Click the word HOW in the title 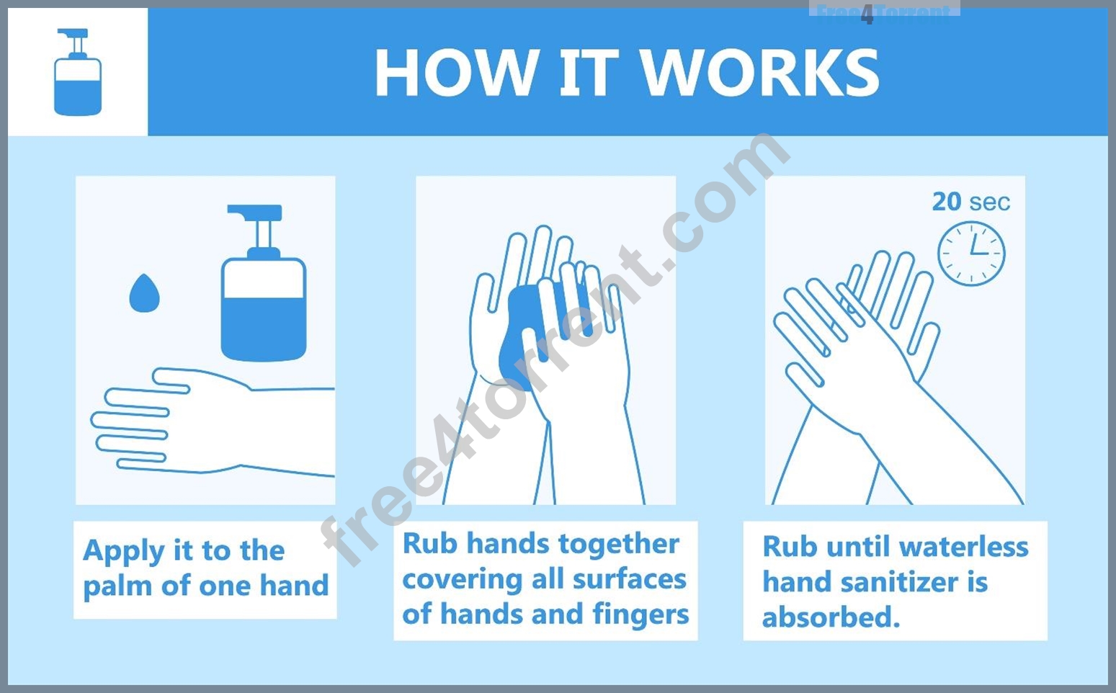coord(455,72)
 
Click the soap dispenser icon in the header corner coord(77,72)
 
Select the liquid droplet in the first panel coord(145,293)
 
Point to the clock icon coord(971,254)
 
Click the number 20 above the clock coord(947,202)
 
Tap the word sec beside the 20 coord(990,202)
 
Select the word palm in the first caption coord(118,586)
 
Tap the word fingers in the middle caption coord(641,614)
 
